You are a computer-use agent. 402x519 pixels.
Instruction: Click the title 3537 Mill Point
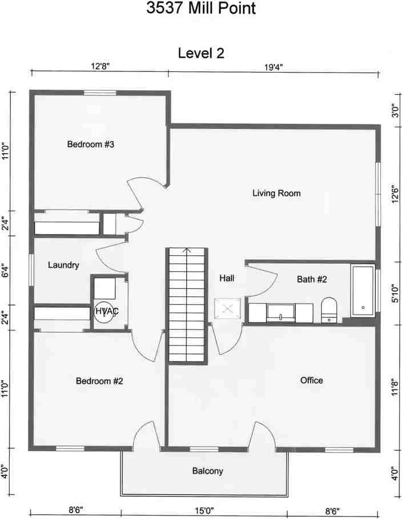tap(200, 9)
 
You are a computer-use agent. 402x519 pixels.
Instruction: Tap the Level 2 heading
tap(201, 54)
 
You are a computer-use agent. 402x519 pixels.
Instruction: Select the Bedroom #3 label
tap(91, 144)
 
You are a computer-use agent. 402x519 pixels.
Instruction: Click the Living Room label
tap(276, 193)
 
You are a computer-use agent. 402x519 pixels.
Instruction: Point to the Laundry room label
tap(63, 265)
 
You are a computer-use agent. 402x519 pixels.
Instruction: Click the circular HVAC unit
tap(103, 311)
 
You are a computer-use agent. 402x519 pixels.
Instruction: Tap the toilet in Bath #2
tap(329, 310)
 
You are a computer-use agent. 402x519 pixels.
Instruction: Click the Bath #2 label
tap(312, 279)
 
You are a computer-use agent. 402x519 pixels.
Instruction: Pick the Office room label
tap(311, 380)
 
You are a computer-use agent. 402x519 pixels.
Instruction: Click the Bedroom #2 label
tap(99, 381)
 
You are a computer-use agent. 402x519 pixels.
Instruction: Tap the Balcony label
tap(207, 471)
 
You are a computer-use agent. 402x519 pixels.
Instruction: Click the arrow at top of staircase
tap(186, 250)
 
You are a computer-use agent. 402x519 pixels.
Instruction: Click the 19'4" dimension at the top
tap(273, 67)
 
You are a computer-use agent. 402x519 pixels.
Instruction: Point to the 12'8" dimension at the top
tap(99, 67)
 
